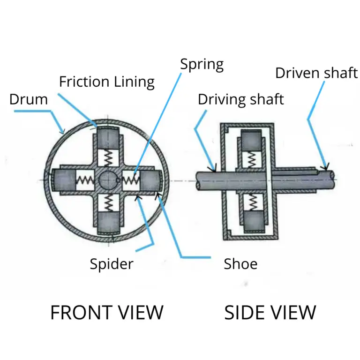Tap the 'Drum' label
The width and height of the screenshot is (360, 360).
pyautogui.click(x=29, y=99)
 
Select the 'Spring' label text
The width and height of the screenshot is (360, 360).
pyautogui.click(x=202, y=65)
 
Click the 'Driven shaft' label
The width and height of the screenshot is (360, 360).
pyautogui.click(x=316, y=73)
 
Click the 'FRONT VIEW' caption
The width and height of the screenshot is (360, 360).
pyautogui.click(x=107, y=313)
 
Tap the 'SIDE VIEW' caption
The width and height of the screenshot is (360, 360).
pyautogui.click(x=270, y=313)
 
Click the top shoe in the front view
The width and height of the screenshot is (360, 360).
pyautogui.click(x=109, y=137)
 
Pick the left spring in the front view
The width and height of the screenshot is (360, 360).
pyautogui.click(x=85, y=180)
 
